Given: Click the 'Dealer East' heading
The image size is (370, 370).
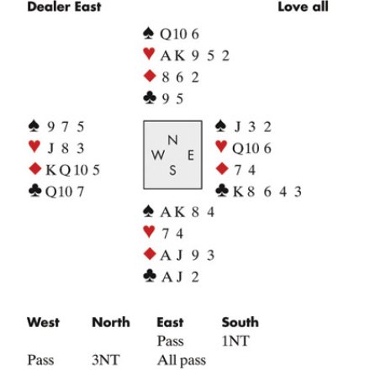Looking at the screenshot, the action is click(64, 7).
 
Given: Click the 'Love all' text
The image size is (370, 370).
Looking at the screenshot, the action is click(303, 7).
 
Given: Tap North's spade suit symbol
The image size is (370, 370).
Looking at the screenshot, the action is click(148, 33).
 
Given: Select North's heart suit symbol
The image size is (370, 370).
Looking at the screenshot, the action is click(149, 54).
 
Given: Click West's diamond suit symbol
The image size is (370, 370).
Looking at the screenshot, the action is click(35, 169).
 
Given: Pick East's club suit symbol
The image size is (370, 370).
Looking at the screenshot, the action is click(222, 190).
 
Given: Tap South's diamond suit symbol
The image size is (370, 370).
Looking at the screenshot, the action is click(150, 254).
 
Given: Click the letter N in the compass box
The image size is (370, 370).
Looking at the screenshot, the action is click(172, 140).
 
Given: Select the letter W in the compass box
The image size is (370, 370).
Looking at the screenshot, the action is click(158, 155).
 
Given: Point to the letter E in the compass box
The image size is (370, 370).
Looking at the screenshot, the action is click(191, 155).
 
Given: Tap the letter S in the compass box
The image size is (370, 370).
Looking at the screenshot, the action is click(172, 170).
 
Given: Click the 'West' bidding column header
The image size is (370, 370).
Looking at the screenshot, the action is click(44, 322).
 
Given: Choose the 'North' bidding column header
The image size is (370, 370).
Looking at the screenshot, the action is click(111, 322).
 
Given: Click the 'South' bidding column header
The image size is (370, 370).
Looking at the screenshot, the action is click(240, 322).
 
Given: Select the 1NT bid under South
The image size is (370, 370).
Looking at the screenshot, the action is click(235, 341).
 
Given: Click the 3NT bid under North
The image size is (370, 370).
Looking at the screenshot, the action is click(106, 360).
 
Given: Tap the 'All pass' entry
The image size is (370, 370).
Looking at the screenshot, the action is click(182, 361).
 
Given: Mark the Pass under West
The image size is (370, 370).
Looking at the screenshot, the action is click(40, 360).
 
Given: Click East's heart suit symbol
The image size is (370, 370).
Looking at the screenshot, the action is click(221, 146).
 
